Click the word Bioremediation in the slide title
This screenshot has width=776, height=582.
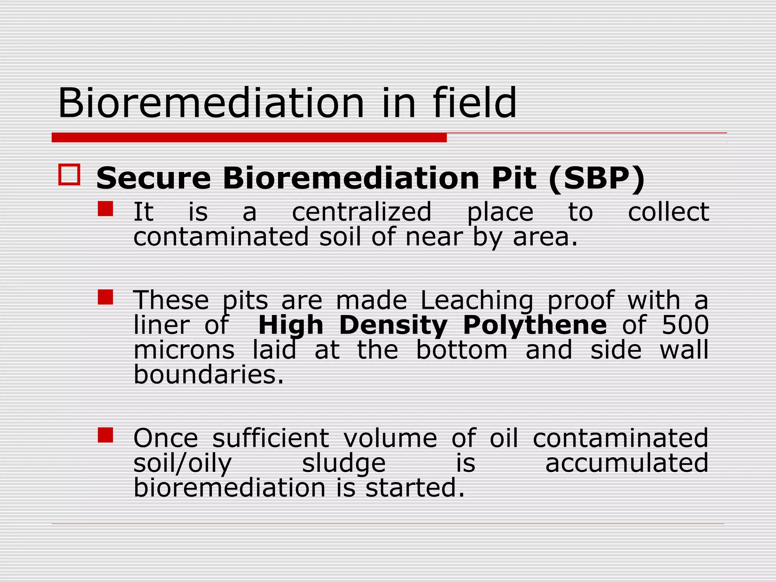[211, 103]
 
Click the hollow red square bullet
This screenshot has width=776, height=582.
[69, 175]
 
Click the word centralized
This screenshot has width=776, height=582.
[362, 212]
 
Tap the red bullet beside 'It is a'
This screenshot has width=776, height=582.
[105, 208]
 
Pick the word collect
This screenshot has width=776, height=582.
[668, 212]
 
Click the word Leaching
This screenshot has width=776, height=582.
[477, 300]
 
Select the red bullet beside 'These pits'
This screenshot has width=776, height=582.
[105, 297]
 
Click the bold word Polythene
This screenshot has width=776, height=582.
[535, 325]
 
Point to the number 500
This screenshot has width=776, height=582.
[685, 325]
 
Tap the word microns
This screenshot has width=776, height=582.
[184, 350]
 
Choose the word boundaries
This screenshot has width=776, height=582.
[209, 374]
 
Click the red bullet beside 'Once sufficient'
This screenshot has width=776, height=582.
[105, 435]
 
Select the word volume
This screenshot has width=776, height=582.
[390, 438]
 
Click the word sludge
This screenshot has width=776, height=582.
[344, 463]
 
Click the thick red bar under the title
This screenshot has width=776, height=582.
[249, 138]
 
